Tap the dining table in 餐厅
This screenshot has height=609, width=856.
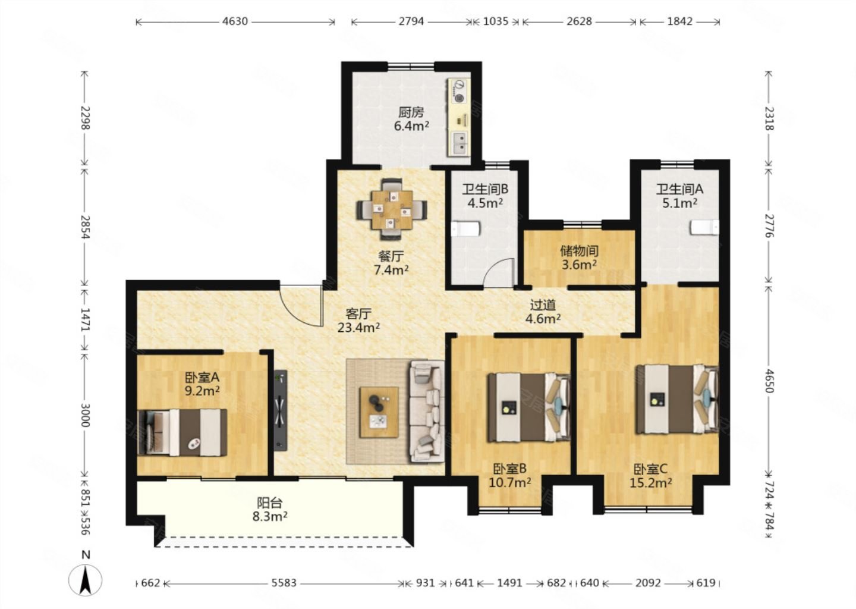pyautogui.click(x=392, y=210)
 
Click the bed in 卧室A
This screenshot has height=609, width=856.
pyautogui.click(x=182, y=432)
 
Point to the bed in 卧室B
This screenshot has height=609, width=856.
pyautogui.click(x=528, y=407)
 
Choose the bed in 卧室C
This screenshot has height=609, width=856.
pyautogui.click(x=677, y=400)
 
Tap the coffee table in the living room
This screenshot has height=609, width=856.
pyautogui.click(x=379, y=412)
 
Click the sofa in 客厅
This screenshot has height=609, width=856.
pyautogui.click(x=427, y=412)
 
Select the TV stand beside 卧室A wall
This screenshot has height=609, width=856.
pyautogui.click(x=281, y=409)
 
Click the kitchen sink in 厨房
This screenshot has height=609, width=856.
pyautogui.click(x=460, y=143)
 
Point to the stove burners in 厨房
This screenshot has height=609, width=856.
pyautogui.click(x=458, y=92)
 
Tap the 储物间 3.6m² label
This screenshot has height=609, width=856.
pyautogui.click(x=580, y=258)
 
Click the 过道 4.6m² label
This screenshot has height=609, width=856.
pyautogui.click(x=543, y=312)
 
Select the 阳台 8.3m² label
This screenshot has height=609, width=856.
pyautogui.click(x=270, y=510)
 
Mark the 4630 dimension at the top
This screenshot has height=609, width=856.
pyautogui.click(x=235, y=21)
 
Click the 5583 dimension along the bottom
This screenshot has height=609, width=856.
pyautogui.click(x=284, y=583)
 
